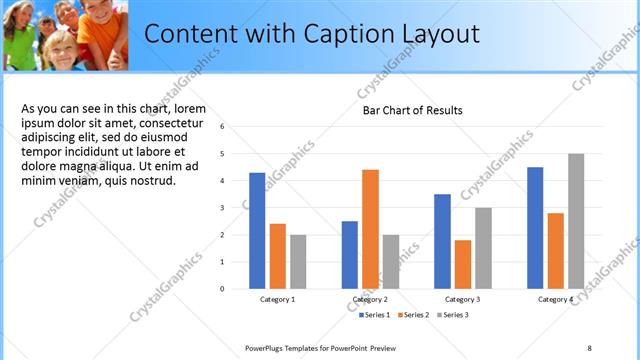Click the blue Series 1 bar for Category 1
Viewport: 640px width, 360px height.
click(x=257, y=231)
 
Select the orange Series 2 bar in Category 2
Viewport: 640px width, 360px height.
click(x=370, y=229)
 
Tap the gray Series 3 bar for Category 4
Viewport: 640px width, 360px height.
click(x=576, y=221)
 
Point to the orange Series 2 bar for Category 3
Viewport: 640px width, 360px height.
click(x=462, y=264)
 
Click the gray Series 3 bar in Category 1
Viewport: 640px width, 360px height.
click(x=298, y=261)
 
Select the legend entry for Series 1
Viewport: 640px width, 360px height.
click(x=375, y=315)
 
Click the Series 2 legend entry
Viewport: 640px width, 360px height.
click(x=414, y=315)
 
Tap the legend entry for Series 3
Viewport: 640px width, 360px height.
click(x=452, y=315)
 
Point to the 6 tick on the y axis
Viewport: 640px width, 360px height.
click(x=236, y=127)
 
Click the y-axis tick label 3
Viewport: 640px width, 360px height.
click(x=236, y=208)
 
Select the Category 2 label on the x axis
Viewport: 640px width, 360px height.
click(x=370, y=299)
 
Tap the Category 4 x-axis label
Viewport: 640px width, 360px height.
click(x=555, y=299)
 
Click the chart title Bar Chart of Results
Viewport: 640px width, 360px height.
click(x=412, y=110)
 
